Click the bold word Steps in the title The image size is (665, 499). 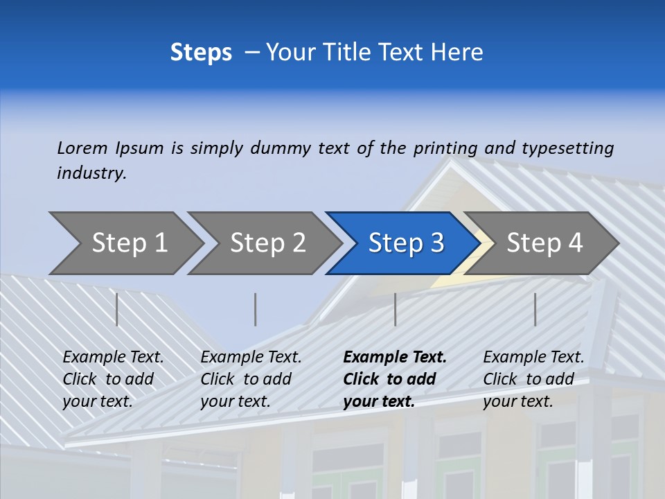click(x=201, y=53)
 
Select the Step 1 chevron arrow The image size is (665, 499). click(x=129, y=243)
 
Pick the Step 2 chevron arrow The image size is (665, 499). click(x=267, y=243)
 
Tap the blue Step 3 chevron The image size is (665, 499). click(x=405, y=243)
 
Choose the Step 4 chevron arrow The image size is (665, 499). click(x=544, y=243)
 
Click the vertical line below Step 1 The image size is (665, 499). click(x=117, y=309)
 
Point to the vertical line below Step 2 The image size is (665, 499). click(x=256, y=309)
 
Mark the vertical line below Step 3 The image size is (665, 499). click(x=395, y=309)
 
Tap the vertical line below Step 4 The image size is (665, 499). click(x=535, y=309)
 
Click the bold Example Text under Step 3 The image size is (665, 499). click(x=395, y=358)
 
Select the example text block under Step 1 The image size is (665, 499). click(x=113, y=379)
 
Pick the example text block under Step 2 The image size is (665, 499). click(x=251, y=379)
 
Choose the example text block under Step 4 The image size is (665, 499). click(x=533, y=379)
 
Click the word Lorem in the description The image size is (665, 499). click(x=82, y=148)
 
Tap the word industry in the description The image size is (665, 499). click(x=91, y=173)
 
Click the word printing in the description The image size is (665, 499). click(x=445, y=148)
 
